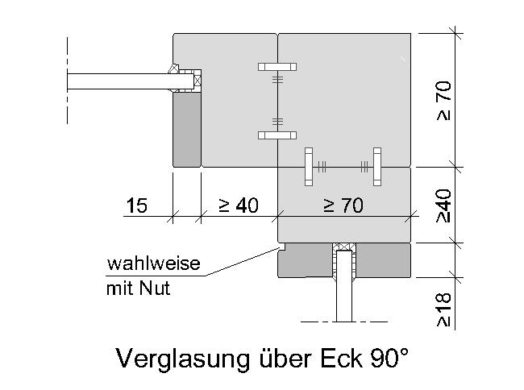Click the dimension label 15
[x=137, y=205]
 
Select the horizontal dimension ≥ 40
[x=239, y=205]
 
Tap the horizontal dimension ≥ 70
[x=343, y=205]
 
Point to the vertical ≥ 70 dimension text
[x=444, y=101]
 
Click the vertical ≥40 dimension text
[x=444, y=206]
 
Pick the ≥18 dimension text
[x=444, y=310]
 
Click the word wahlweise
[x=153, y=263]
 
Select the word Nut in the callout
[x=155, y=288]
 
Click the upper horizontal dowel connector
[x=277, y=67]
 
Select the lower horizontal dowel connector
[x=277, y=135]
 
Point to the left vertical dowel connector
[x=309, y=167]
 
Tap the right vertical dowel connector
[x=377, y=167]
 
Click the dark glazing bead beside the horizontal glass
[x=187, y=130]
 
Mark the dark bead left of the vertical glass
[x=305, y=260]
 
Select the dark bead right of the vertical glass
[x=383, y=260]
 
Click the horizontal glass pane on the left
[x=131, y=81]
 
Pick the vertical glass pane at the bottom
[x=344, y=286]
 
